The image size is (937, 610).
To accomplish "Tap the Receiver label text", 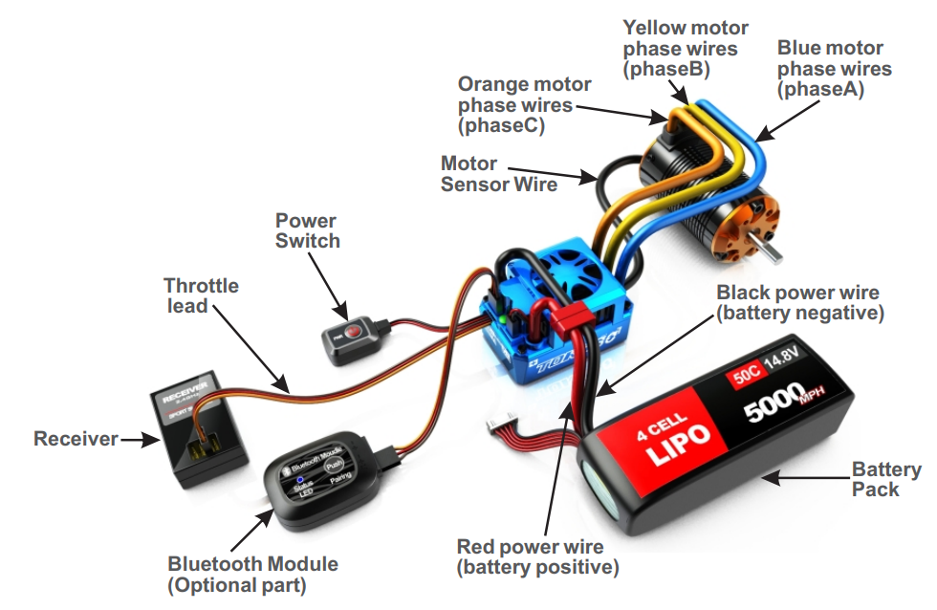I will [76, 439].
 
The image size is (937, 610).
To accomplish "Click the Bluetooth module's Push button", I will [334, 465].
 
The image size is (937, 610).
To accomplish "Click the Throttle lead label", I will [201, 295].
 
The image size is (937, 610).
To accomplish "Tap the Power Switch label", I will [307, 230].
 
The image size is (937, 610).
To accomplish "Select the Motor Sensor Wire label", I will [498, 173].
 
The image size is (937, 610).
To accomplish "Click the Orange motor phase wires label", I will [524, 104].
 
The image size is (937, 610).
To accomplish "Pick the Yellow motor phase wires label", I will [685, 48].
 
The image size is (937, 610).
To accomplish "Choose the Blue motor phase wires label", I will [834, 68].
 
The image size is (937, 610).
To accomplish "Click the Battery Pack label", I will [886, 479].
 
